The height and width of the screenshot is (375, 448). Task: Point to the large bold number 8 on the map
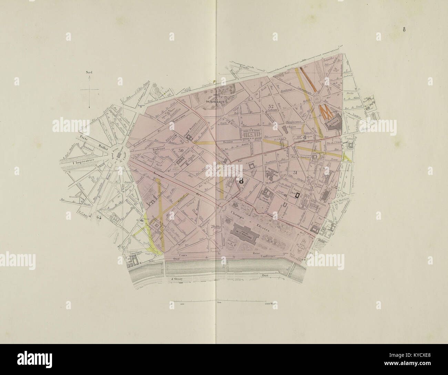click(x=241, y=180)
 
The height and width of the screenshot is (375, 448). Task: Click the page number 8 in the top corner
click(x=404, y=29)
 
